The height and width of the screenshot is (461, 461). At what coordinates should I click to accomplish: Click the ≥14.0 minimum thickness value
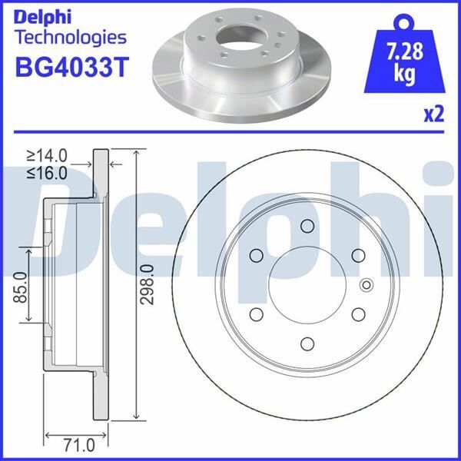48,156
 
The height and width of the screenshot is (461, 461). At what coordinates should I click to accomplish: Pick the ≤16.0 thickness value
48,173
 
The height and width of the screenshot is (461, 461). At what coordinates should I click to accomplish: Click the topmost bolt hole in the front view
307,226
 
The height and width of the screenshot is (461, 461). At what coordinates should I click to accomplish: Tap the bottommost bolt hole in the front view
307,343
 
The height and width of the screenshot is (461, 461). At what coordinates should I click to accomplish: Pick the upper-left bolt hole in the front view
257,255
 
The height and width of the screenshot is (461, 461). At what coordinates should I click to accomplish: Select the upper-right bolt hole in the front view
357,255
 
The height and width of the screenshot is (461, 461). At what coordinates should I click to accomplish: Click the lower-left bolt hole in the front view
257,314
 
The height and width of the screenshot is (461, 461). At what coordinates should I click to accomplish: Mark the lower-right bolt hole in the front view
357,314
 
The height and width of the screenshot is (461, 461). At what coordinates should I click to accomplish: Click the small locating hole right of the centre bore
365,285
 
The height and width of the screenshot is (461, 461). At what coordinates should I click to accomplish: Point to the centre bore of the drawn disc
307,285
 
